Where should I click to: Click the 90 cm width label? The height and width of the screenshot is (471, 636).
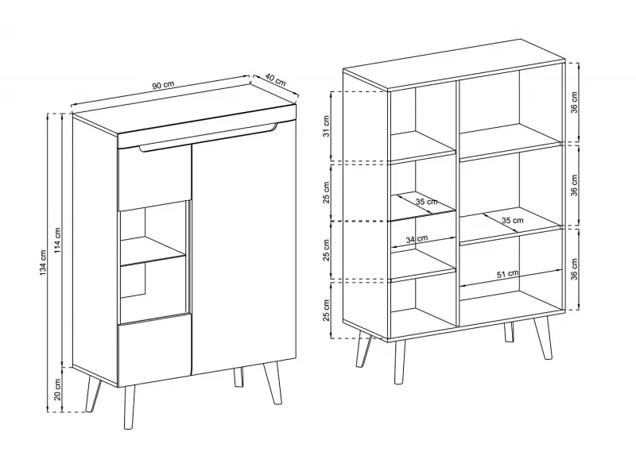(163, 85)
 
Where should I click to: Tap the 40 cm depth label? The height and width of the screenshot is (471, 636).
(276, 79)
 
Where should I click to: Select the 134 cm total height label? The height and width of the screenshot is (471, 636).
(44, 263)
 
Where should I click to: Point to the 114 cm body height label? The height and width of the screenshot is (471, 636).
(58, 241)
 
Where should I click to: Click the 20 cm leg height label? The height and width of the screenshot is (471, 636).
(58, 389)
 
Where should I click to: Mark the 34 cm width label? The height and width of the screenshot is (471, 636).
(417, 239)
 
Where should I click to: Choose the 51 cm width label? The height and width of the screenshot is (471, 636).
(508, 274)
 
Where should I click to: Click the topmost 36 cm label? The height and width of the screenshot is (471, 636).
(574, 102)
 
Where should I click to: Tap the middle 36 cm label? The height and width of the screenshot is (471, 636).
(574, 185)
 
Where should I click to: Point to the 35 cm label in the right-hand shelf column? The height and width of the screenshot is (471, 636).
(512, 221)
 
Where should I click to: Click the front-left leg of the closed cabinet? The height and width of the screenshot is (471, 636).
(130, 407)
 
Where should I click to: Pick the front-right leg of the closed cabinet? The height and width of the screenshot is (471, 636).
(273, 383)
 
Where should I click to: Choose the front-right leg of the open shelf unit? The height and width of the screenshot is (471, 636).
(543, 338)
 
